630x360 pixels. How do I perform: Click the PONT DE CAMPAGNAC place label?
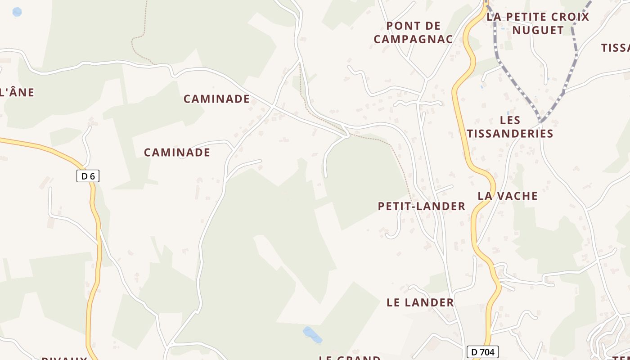(413, 32)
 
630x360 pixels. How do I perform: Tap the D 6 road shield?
(88, 176)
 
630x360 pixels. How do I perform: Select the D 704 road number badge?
(483, 352)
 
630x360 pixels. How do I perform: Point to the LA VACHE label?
(508, 196)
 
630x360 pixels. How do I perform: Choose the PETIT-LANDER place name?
(421, 206)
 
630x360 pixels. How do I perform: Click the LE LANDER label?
(420, 302)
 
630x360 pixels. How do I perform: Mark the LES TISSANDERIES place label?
(510, 127)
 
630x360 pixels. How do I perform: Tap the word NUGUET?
(538, 30)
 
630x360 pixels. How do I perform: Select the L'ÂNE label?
(17, 92)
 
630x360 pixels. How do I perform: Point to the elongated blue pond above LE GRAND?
(312, 334)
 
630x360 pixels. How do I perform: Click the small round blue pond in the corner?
(17, 12)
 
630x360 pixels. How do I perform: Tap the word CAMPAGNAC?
(413, 39)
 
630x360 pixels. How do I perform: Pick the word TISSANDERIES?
(510, 134)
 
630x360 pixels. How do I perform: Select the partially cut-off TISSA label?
(616, 48)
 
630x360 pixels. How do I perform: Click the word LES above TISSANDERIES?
(510, 120)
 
